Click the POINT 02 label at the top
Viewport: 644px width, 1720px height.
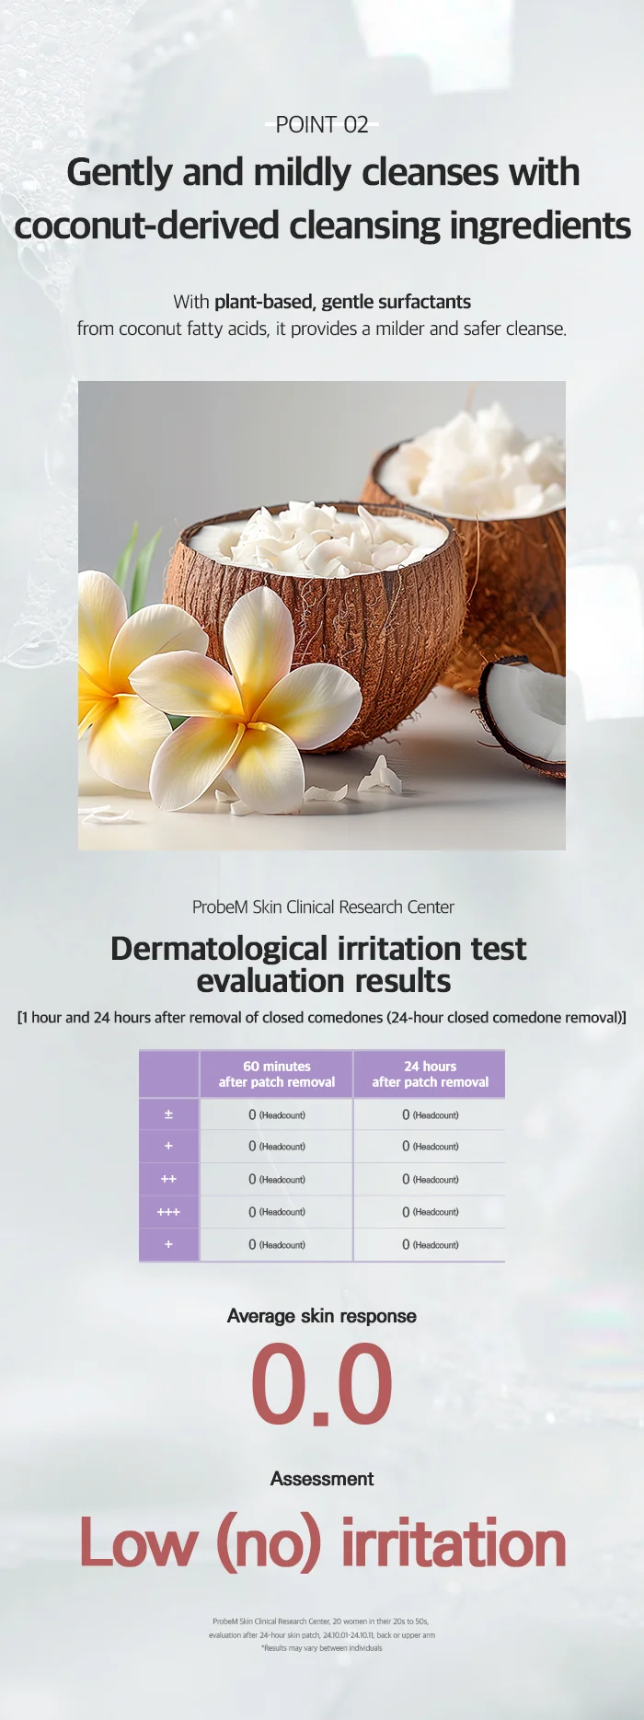pyautogui.click(x=322, y=124)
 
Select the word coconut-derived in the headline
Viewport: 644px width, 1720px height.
pyautogui.click(x=146, y=225)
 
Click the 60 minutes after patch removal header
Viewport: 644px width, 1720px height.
pyautogui.click(x=277, y=1074)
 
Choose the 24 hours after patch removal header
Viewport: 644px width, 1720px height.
pyautogui.click(x=431, y=1074)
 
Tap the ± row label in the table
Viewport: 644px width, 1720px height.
pyautogui.click(x=168, y=1114)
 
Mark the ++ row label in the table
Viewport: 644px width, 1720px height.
pyautogui.click(x=168, y=1179)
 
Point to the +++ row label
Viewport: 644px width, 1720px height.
pyautogui.click(x=168, y=1212)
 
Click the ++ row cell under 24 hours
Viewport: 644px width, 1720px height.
pyautogui.click(x=430, y=1179)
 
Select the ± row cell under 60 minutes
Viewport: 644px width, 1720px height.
pyautogui.click(x=276, y=1114)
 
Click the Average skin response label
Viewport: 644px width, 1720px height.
pyautogui.click(x=322, y=1316)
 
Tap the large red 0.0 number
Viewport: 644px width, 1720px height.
pyautogui.click(x=322, y=1383)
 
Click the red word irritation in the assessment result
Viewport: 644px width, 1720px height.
pyautogui.click(x=454, y=1543)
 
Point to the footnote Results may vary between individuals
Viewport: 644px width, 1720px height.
pyautogui.click(x=322, y=1648)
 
